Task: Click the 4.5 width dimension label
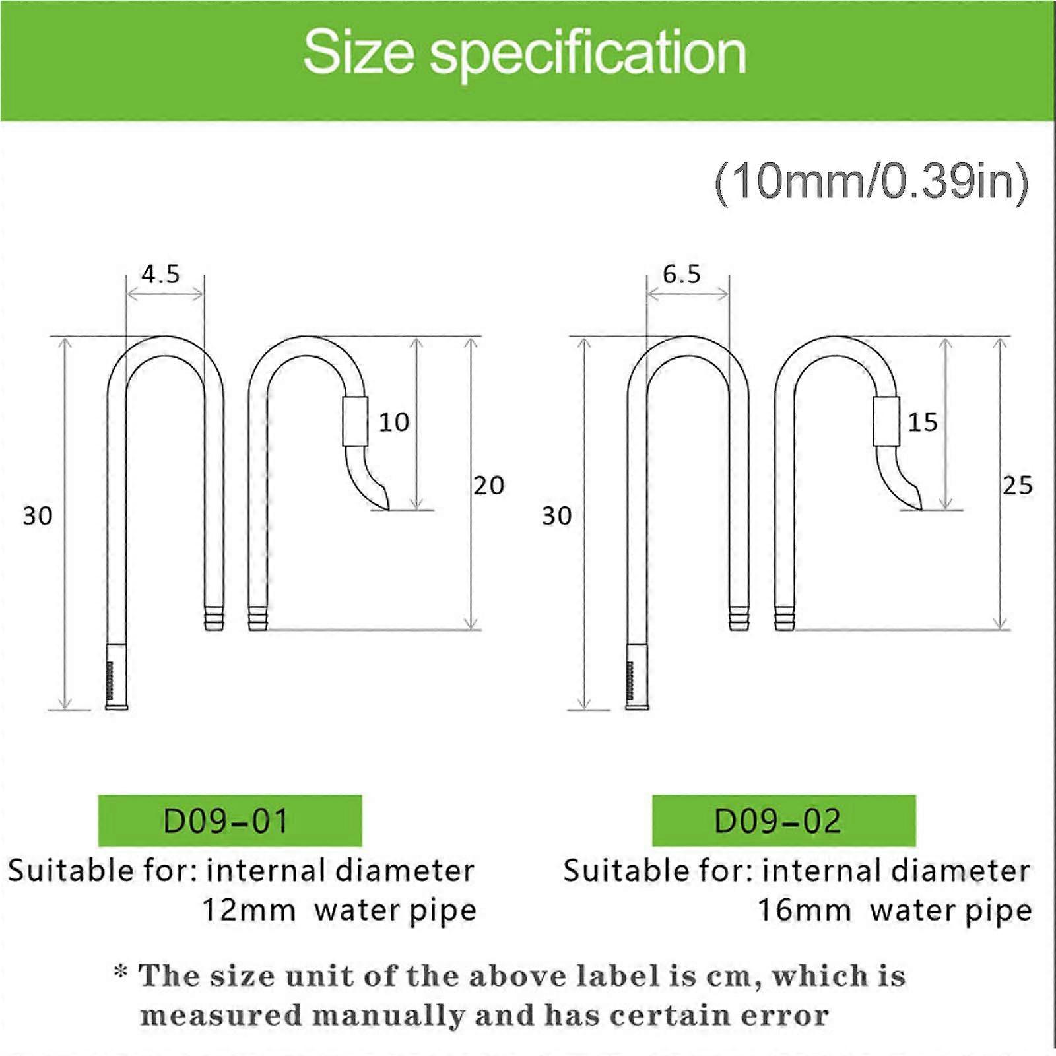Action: click(x=160, y=274)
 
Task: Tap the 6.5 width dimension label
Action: click(x=682, y=274)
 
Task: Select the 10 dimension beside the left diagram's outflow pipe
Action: click(x=394, y=422)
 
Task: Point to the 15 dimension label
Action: click(x=923, y=422)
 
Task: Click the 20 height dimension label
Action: click(x=489, y=486)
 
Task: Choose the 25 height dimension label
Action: click(x=1018, y=486)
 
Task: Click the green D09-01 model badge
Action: click(x=230, y=821)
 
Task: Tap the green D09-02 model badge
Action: click(x=783, y=821)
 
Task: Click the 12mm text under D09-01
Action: click(x=248, y=911)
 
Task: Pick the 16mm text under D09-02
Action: click(x=804, y=911)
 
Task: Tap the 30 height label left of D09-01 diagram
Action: click(x=38, y=516)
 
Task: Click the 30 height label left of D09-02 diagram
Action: click(x=557, y=516)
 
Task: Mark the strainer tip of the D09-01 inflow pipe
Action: click(x=117, y=680)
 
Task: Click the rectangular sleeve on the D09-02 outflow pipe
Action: click(x=886, y=421)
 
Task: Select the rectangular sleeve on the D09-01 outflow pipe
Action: click(x=355, y=421)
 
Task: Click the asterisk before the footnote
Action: click(x=121, y=972)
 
